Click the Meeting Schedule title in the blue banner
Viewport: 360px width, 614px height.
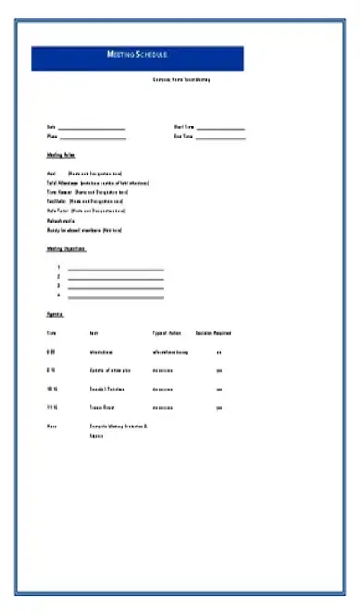pos(138,56)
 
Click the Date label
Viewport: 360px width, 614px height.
pos(51,127)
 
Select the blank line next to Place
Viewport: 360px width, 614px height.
pos(92,138)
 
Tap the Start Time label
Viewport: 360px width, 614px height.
pos(185,127)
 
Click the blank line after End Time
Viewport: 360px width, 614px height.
pos(221,138)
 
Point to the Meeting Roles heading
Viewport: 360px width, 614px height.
pos(61,155)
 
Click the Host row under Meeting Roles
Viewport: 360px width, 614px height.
pos(85,173)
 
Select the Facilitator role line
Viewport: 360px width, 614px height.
pos(85,200)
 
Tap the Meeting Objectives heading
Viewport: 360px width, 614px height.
pos(66,248)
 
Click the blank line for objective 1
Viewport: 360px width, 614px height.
pos(115,268)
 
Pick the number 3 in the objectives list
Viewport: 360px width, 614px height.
pos(58,286)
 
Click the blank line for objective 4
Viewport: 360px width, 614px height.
pos(115,296)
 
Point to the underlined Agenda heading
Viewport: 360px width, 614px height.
pos(54,315)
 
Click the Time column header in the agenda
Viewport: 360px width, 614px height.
pos(51,333)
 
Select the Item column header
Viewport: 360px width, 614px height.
pos(93,333)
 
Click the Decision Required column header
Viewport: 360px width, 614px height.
pos(214,333)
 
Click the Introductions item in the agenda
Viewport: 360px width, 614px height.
pos(101,352)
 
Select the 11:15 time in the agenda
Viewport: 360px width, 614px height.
pos(52,407)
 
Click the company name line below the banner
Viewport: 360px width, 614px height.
pos(182,80)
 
